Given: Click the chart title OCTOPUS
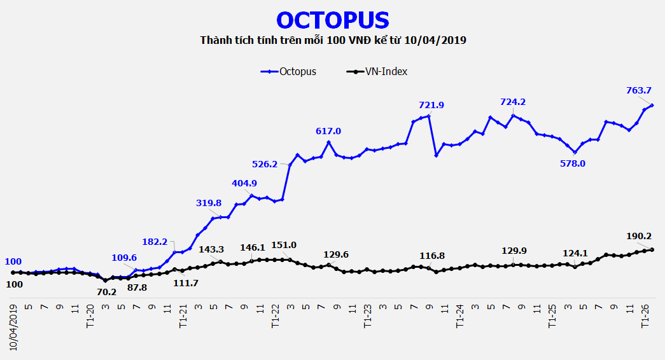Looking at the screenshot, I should pos(333,20).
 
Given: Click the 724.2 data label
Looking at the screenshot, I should pos(513,102).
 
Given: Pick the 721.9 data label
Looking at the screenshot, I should pos(431,105).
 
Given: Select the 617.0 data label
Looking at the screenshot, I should pos(328,131).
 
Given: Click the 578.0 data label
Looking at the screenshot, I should pos(572,163).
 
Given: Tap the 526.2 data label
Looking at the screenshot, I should pos(265,164).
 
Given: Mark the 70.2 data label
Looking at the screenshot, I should pos(107,292).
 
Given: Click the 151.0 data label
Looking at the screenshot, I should pos(284,245).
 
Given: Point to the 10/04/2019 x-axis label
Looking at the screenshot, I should pos(13,326).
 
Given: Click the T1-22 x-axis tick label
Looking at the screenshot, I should pos(276,316).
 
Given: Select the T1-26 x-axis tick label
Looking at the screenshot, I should pos(645,316).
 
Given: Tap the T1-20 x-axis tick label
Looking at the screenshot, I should pos(90,316).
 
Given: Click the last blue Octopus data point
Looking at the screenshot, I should pos(653,105).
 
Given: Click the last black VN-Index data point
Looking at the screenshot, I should pos(653,249).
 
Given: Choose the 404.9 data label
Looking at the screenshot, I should pos(244,184).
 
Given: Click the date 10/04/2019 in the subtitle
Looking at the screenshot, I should pos(438,41).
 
